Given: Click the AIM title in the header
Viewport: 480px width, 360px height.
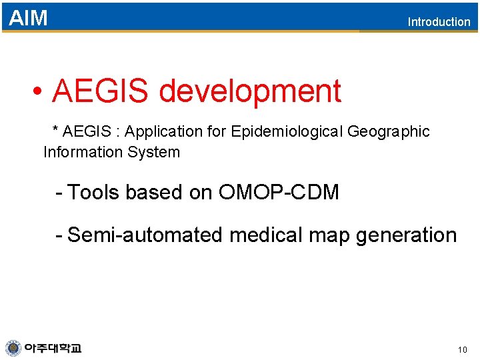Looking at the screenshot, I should [28, 18].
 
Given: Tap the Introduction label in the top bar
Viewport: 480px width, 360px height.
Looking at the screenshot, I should [439, 22].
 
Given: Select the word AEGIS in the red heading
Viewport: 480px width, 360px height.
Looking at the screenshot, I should [99, 91].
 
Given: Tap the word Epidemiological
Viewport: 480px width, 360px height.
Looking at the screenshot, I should [287, 132].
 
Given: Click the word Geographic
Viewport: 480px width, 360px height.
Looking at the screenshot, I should [389, 132].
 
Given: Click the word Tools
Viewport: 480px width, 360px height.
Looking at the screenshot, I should [94, 193].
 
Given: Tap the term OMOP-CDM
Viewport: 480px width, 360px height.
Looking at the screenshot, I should [279, 193].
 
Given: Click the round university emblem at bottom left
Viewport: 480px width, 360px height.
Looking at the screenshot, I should [13, 348].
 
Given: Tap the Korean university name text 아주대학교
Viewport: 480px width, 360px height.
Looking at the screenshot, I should [53, 348].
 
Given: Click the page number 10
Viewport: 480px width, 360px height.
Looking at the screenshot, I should [463, 349].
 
